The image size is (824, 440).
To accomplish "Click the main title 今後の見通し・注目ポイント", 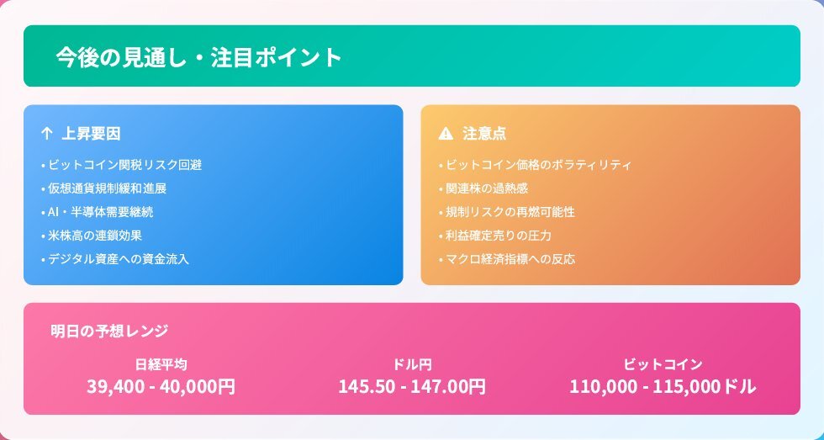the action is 198,56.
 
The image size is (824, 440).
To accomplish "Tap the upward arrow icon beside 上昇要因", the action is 46,134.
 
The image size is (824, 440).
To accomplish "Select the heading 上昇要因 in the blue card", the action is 91,134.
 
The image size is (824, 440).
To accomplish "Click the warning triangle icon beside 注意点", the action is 445,134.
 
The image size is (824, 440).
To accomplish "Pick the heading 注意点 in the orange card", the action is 484,134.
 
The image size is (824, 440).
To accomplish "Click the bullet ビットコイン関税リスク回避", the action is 121,165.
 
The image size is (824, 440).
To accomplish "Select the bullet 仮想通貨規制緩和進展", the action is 104,188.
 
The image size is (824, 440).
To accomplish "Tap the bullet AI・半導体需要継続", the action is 98,212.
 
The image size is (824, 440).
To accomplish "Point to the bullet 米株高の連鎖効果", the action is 92,236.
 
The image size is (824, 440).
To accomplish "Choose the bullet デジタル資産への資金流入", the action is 114,259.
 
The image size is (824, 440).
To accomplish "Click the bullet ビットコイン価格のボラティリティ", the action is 535,165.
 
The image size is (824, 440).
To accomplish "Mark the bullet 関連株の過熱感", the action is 483,188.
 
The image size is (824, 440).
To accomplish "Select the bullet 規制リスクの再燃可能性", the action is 506,212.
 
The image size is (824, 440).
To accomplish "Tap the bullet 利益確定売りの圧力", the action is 495,236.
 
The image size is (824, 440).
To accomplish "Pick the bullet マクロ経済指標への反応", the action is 506,259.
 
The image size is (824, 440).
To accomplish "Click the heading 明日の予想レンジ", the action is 109,331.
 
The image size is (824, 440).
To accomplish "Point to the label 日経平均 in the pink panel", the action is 161,364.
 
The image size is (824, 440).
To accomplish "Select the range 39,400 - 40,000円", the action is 161,386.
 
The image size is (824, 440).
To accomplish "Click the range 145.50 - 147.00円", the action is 412,386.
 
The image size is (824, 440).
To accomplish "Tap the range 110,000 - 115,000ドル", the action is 663,386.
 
